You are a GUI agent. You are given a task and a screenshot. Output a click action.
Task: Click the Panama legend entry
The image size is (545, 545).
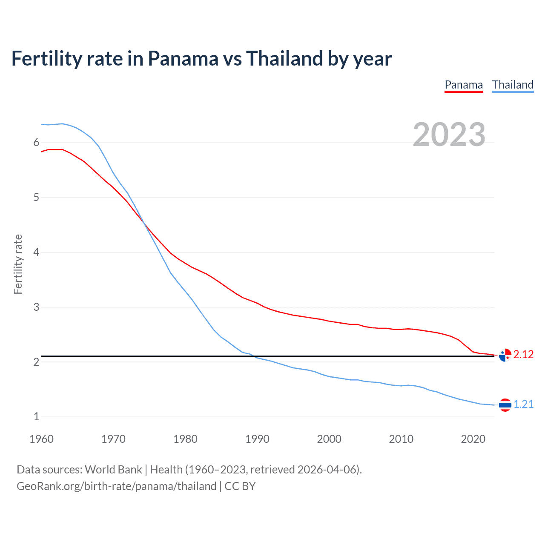[464, 85]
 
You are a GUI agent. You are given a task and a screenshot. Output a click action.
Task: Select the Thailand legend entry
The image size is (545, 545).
[513, 85]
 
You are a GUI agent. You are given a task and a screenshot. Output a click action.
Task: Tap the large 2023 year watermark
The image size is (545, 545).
[449, 135]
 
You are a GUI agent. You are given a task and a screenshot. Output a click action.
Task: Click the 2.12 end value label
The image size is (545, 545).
[523, 354]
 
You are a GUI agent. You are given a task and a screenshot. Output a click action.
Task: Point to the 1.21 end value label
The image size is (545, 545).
[523, 404]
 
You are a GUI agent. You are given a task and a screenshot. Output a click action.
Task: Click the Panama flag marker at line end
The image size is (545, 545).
[505, 355]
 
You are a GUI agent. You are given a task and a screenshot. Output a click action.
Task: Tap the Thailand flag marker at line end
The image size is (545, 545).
[505, 405]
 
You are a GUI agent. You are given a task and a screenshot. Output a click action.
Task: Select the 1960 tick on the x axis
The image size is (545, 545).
[41, 439]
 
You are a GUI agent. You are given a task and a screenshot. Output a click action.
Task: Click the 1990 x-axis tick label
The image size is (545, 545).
[257, 439]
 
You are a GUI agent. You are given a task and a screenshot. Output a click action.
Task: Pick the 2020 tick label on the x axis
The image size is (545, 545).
[473, 439]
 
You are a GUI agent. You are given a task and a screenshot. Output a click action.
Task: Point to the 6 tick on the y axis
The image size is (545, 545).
[36, 143]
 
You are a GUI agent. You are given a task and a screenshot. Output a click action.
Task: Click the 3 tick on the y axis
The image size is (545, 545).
[36, 307]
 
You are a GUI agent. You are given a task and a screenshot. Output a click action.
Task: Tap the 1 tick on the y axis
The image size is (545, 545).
[36, 416]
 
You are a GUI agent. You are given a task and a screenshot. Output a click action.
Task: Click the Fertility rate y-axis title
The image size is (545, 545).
[18, 264]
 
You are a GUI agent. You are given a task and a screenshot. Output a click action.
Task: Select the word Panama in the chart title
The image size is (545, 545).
[183, 58]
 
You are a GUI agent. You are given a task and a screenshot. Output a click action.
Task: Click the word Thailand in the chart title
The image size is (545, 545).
[284, 58]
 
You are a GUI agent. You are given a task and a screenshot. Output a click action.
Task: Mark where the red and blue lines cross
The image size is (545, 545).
[144, 222]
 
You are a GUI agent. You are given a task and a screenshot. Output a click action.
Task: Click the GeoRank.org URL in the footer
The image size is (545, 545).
[116, 486]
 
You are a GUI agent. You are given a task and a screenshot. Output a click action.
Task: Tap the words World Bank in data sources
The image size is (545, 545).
[113, 469]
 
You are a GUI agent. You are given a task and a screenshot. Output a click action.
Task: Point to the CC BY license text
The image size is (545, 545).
[240, 486]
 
